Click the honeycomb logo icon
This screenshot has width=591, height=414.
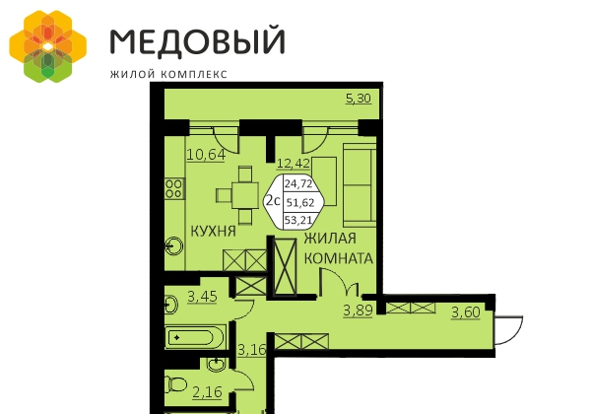pyautogui.click(x=48, y=46)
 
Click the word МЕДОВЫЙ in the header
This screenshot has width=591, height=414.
pyautogui.click(x=198, y=40)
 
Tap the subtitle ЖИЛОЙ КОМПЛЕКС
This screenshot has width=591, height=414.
pyautogui.click(x=168, y=74)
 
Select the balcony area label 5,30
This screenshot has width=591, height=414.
pyautogui.click(x=359, y=99)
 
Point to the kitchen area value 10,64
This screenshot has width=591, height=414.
pyautogui.click(x=206, y=155)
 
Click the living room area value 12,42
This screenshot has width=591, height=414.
pyautogui.click(x=294, y=164)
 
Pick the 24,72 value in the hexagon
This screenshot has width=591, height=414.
pyautogui.click(x=298, y=183)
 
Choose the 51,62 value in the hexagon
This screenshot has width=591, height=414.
pyautogui.click(x=300, y=203)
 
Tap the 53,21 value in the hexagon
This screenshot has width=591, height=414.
pyautogui.click(x=298, y=220)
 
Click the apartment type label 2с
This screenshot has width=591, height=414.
pyautogui.click(x=273, y=200)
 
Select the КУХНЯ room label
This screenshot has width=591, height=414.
pyautogui.click(x=214, y=231)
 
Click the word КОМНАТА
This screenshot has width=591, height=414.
pyautogui.click(x=339, y=258)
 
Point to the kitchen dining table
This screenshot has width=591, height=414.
pyautogui.click(x=245, y=195)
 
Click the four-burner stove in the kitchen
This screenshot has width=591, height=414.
pyautogui.click(x=173, y=188)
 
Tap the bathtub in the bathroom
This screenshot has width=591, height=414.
pyautogui.click(x=195, y=337)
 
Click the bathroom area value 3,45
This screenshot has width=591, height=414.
pyautogui.click(x=202, y=297)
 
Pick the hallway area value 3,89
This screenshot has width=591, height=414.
pyautogui.click(x=358, y=310)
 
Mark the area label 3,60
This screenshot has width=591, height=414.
pyautogui.click(x=466, y=312)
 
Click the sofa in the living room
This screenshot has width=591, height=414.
pyautogui.click(x=360, y=184)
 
